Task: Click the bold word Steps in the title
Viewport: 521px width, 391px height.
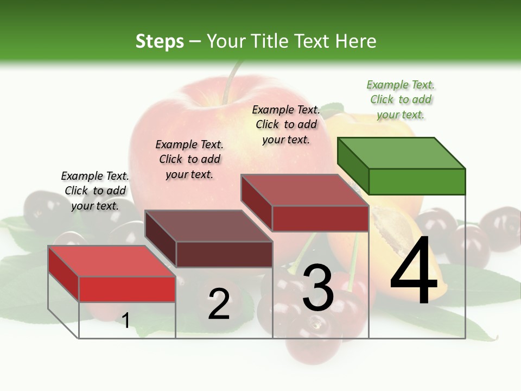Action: click(160, 41)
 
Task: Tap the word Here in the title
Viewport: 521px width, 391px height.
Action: click(357, 41)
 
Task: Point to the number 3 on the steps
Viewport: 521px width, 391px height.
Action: click(318, 288)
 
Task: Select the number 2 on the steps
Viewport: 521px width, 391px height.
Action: click(219, 304)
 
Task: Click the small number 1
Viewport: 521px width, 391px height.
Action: click(126, 320)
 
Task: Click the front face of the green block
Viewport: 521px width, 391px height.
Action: click(417, 181)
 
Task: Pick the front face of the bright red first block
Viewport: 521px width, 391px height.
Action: click(127, 289)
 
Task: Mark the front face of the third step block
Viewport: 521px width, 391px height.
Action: click(320, 218)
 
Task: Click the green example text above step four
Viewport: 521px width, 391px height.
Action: click(401, 100)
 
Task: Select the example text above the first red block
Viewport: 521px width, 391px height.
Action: click(95, 191)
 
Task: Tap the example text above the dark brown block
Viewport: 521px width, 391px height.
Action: click(189, 159)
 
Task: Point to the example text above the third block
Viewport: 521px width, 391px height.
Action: click(286, 124)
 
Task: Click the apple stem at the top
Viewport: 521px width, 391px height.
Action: click(230, 81)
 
